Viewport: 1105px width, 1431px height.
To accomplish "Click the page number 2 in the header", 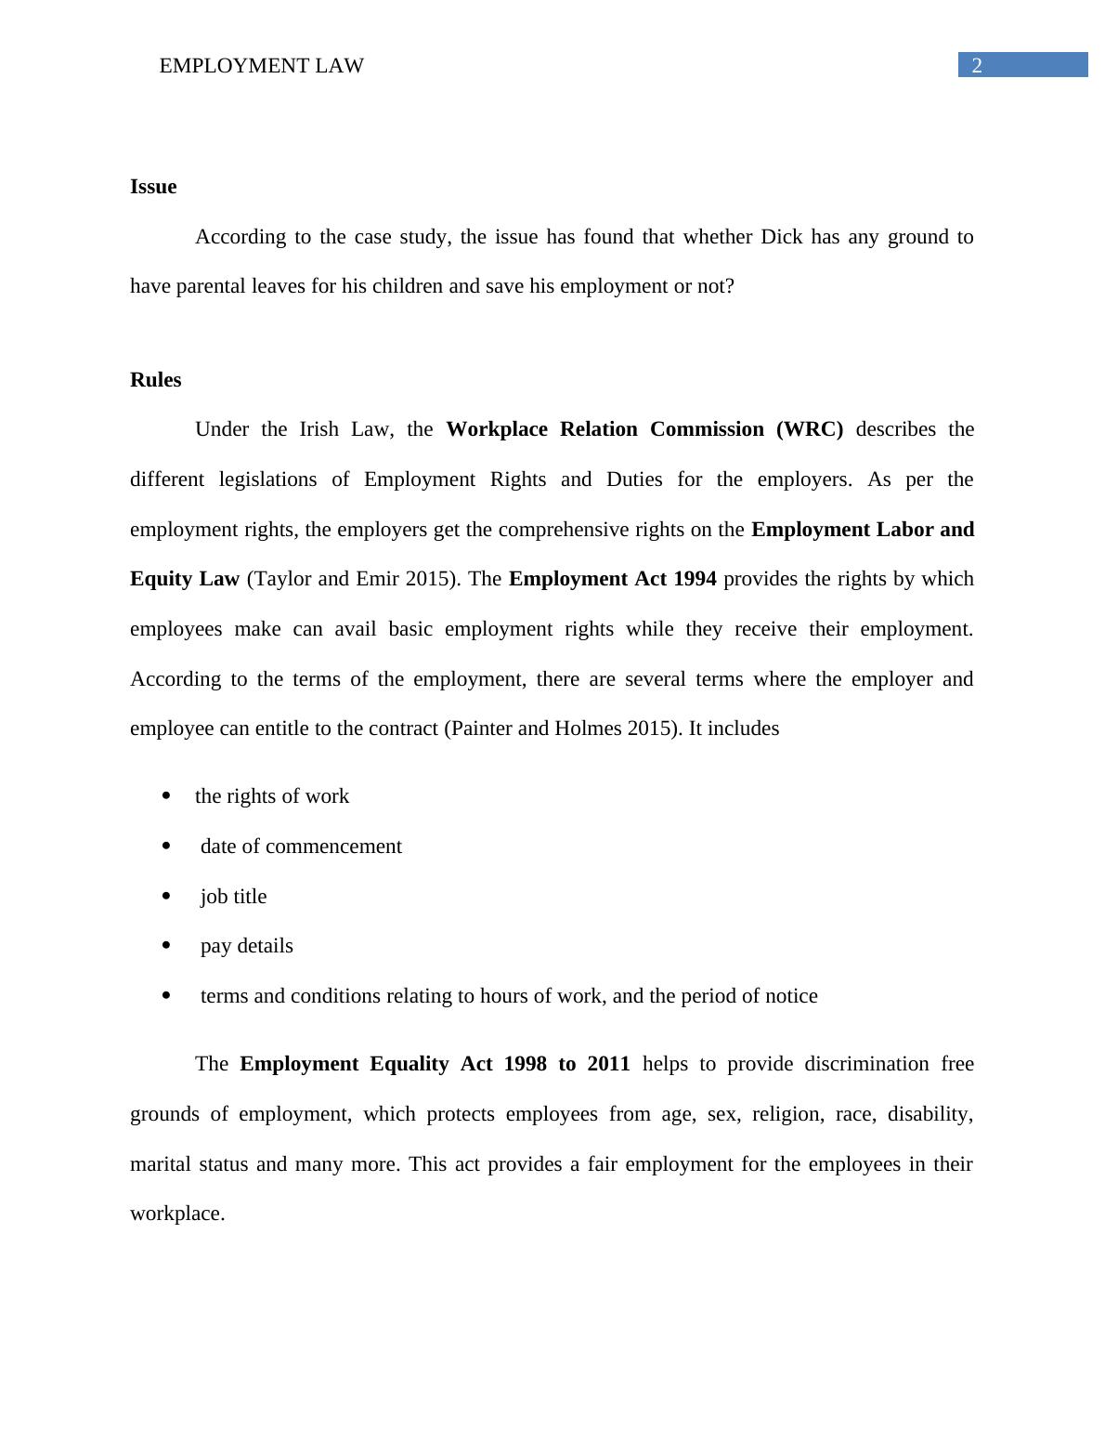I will click(x=976, y=65).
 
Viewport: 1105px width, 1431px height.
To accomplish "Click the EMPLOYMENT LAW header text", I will click(x=261, y=66).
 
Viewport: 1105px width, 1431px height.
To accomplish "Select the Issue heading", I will click(x=153, y=187).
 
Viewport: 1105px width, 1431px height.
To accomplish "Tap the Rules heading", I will click(x=155, y=380).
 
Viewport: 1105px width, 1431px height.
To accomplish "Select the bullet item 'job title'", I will click(x=233, y=897).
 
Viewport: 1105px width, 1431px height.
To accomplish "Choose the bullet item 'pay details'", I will click(x=246, y=946).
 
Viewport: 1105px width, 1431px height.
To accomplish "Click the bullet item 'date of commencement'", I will click(x=301, y=847).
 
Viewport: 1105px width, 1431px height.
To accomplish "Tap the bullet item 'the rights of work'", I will click(x=272, y=796).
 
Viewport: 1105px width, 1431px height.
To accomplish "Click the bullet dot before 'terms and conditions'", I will click(x=166, y=996).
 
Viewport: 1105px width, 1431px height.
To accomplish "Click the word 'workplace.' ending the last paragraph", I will click(x=177, y=1214).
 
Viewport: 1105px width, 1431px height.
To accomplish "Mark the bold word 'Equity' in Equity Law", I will click(x=161, y=579).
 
